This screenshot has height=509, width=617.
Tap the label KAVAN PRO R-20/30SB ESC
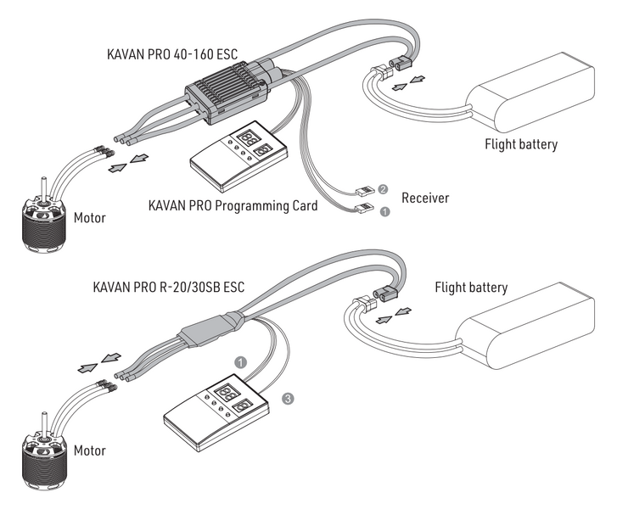(x=169, y=288)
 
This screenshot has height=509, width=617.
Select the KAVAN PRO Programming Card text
(x=233, y=205)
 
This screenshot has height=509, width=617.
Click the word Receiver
(x=425, y=198)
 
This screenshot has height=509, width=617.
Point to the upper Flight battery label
(x=521, y=144)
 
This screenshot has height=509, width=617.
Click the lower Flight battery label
(x=471, y=288)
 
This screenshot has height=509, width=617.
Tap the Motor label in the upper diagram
(x=90, y=218)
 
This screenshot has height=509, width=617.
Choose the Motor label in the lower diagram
(x=90, y=450)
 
